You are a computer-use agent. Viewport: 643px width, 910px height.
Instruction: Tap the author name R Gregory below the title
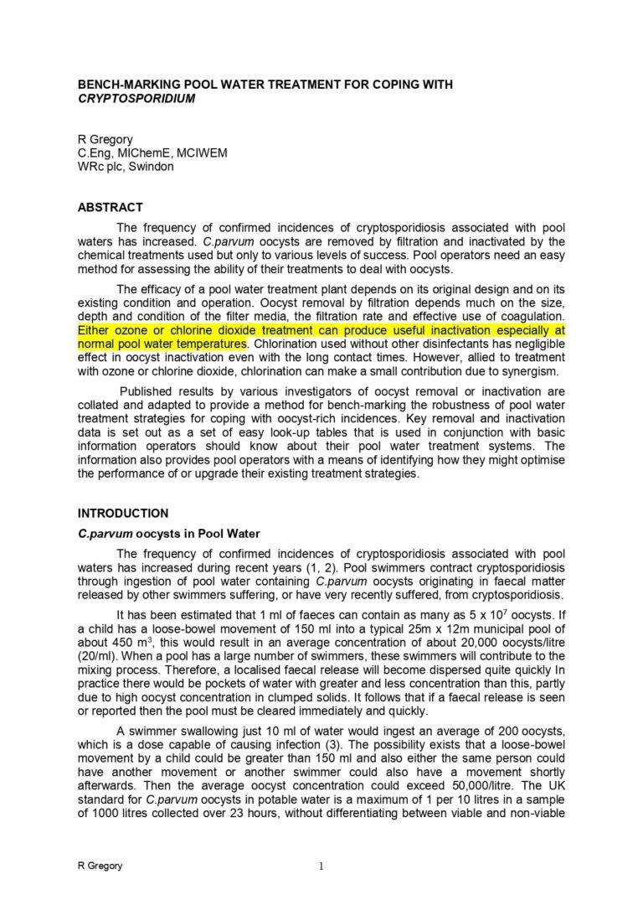click(105, 139)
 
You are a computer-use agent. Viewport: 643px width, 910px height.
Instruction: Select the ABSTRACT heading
click(110, 207)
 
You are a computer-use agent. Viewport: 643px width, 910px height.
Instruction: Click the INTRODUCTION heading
click(123, 513)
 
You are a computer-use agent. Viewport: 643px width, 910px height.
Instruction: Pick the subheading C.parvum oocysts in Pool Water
click(169, 533)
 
